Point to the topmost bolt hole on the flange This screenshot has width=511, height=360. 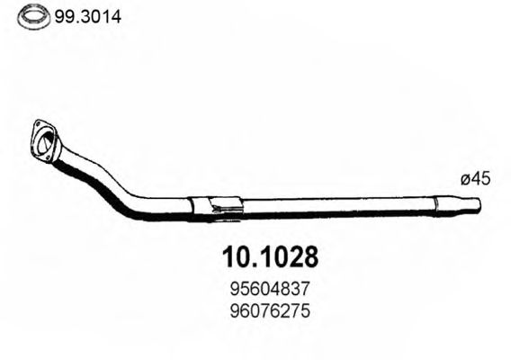tap(37, 124)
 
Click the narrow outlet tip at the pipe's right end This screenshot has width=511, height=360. tap(471, 205)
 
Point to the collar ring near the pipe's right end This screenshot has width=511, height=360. tap(440, 204)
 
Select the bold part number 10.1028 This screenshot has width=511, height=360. tap(268, 256)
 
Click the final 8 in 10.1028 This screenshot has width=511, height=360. tap(308, 256)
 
